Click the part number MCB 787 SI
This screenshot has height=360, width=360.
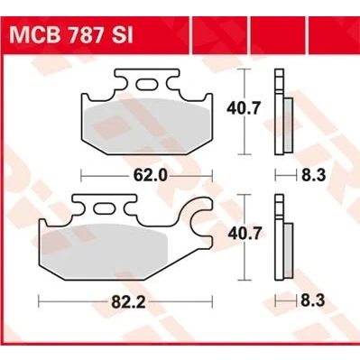point(71,36)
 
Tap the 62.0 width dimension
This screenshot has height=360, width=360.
point(151,175)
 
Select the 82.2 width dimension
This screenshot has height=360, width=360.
point(128,301)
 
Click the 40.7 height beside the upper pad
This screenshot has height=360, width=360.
point(243,108)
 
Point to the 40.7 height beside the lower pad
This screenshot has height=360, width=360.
point(245,234)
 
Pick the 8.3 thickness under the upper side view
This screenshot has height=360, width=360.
point(314,175)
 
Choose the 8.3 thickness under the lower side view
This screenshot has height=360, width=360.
point(313,300)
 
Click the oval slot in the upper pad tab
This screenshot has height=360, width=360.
point(146,84)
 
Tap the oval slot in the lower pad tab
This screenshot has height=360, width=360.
point(105,208)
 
